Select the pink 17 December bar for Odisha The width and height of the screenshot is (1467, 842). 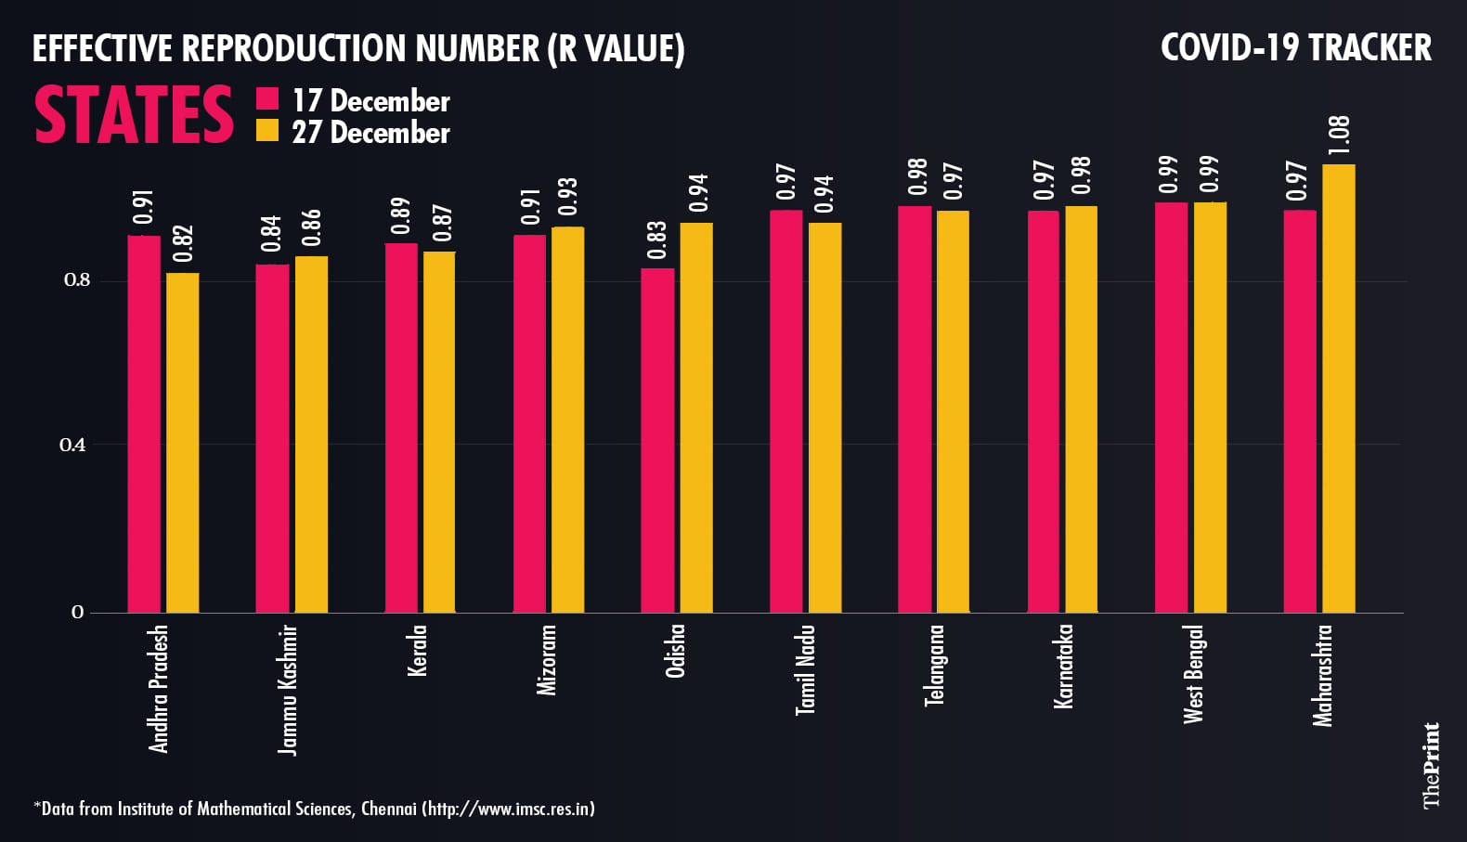click(657, 440)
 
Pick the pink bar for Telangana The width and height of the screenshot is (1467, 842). click(915, 408)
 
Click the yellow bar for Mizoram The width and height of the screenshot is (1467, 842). click(567, 420)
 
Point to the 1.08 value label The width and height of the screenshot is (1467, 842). click(1339, 136)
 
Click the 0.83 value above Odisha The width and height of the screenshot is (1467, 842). click(656, 240)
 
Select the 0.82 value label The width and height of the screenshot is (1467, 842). click(183, 244)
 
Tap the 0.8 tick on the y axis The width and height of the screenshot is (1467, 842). click(77, 280)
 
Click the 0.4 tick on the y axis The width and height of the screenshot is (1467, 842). click(72, 445)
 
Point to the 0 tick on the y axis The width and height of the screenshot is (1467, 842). click(77, 612)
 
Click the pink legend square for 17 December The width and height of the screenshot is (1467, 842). click(267, 99)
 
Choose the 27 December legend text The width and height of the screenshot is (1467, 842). click(370, 133)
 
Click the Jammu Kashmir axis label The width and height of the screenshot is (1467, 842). click(288, 689)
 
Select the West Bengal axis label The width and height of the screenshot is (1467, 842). click(1193, 674)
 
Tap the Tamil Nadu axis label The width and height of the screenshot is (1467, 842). click(806, 669)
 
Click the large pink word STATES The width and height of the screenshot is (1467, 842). click(134, 116)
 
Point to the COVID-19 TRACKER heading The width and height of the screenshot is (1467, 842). click(1295, 48)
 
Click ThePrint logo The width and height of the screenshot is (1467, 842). click(1432, 766)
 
